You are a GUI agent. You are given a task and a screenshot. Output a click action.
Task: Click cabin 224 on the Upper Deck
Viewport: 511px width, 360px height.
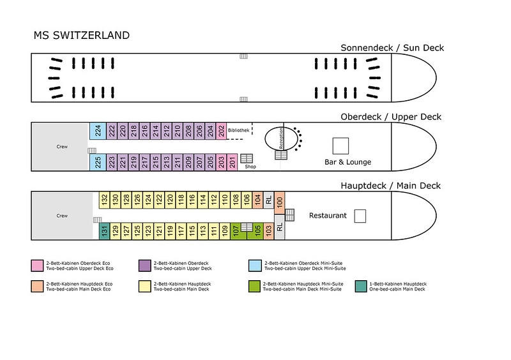click(x=98, y=131)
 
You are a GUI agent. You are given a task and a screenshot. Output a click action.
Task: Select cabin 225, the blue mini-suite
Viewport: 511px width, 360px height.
click(x=98, y=162)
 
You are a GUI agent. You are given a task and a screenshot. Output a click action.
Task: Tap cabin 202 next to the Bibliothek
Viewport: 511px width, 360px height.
click(x=221, y=131)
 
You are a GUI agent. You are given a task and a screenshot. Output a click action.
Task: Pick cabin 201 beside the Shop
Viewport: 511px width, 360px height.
click(x=232, y=162)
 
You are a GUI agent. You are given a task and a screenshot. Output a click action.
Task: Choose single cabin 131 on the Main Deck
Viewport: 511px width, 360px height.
click(x=104, y=231)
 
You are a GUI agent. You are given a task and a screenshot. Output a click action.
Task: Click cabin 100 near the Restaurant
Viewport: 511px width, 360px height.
click(x=279, y=202)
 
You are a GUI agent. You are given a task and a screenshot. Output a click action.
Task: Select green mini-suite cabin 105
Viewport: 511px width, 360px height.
click(x=257, y=231)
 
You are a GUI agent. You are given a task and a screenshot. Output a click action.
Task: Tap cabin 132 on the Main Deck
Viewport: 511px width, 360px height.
click(x=104, y=200)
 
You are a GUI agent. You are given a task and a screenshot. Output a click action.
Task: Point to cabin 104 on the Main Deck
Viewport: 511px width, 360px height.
click(x=257, y=200)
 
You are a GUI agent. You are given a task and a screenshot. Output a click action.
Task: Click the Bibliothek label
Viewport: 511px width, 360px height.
click(x=238, y=130)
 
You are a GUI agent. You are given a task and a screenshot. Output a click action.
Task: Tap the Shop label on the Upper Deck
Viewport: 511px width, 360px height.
click(x=250, y=167)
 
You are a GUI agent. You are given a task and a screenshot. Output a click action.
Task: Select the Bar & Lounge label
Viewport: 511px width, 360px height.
click(x=347, y=162)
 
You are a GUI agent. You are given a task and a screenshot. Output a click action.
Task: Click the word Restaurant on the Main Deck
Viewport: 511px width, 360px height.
click(x=328, y=215)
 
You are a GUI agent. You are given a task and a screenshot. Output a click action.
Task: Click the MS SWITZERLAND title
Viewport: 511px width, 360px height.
click(x=82, y=35)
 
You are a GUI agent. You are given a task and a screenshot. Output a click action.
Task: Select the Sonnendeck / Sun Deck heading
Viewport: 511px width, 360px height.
click(x=392, y=48)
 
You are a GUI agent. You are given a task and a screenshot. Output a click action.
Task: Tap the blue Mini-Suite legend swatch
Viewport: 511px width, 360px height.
click(x=255, y=266)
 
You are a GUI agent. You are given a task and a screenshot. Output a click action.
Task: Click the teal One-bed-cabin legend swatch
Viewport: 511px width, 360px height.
click(x=361, y=287)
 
